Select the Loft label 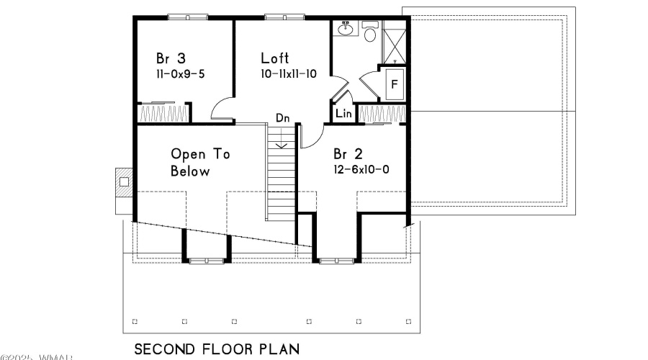tap(275, 58)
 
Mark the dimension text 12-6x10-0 tap(361, 171)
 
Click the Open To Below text tap(190, 163)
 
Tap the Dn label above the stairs tap(282, 118)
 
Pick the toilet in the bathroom tap(370, 33)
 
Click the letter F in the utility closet tap(394, 84)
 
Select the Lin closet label tap(343, 114)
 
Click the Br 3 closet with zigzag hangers tap(163, 113)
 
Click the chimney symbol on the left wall tap(123, 182)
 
